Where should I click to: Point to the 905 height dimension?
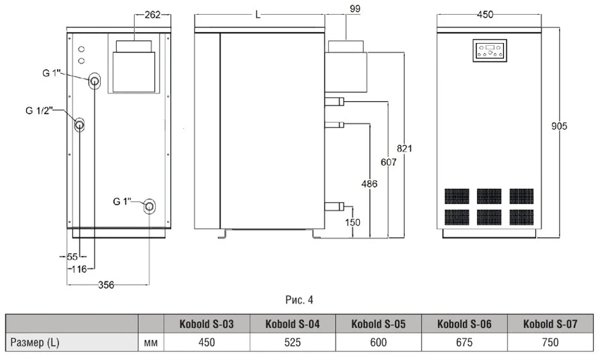pyautogui.click(x=559, y=126)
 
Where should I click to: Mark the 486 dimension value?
pyautogui.click(x=369, y=183)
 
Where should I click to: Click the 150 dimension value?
pyautogui.click(x=352, y=222)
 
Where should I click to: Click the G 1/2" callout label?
pyautogui.click(x=38, y=110)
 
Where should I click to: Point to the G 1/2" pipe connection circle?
pyautogui.click(x=80, y=124)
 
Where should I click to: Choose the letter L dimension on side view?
pyautogui.click(x=258, y=14)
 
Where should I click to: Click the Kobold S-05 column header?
pyautogui.click(x=379, y=324)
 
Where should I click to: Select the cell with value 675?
pyautogui.click(x=464, y=342)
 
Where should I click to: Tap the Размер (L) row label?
pyautogui.click(x=36, y=342)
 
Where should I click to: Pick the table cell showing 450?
pyautogui.click(x=207, y=342)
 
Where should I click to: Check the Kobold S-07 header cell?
pyautogui.click(x=550, y=324)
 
